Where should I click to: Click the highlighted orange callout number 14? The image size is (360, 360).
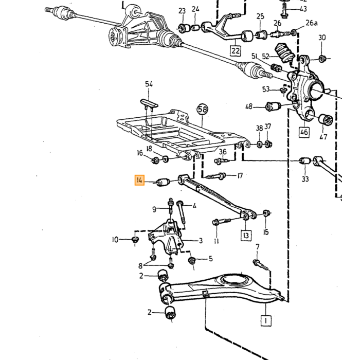tap(139, 180)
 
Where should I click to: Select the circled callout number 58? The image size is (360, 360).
tap(202, 110)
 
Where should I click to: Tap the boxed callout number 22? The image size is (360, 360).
tap(236, 50)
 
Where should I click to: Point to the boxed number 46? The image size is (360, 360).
tap(304, 132)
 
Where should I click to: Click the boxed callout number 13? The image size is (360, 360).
tap(246, 236)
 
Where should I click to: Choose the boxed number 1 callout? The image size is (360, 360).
tap(266, 320)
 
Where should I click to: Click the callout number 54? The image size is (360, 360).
tap(149, 84)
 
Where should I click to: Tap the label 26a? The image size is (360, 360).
tap(312, 23)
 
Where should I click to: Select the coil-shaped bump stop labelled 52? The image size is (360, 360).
tap(285, 52)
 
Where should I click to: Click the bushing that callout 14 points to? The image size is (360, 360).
tap(163, 182)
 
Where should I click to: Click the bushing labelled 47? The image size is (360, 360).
tap(326, 119)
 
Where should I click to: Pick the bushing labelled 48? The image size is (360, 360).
tap(273, 106)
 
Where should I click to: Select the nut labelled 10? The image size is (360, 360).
tap(135, 240)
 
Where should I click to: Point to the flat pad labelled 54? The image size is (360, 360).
tap(149, 103)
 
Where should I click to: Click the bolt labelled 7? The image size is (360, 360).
tap(260, 265)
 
